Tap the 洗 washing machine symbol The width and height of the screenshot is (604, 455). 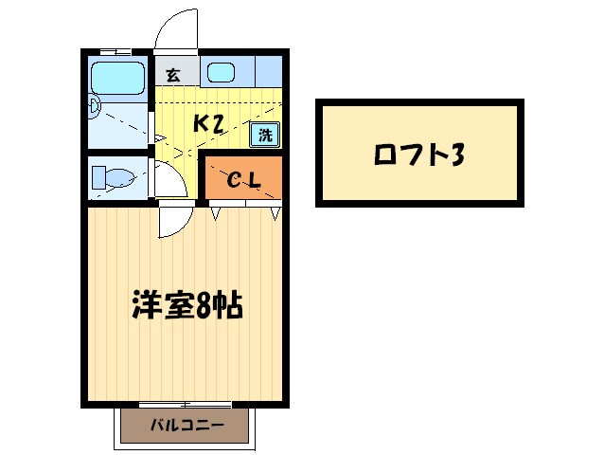[265, 134]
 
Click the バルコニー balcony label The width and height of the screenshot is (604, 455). [187, 426]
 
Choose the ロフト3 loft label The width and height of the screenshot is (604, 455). [420, 154]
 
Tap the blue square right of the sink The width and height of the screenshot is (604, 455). [269, 71]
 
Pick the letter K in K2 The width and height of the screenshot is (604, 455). [201, 123]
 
